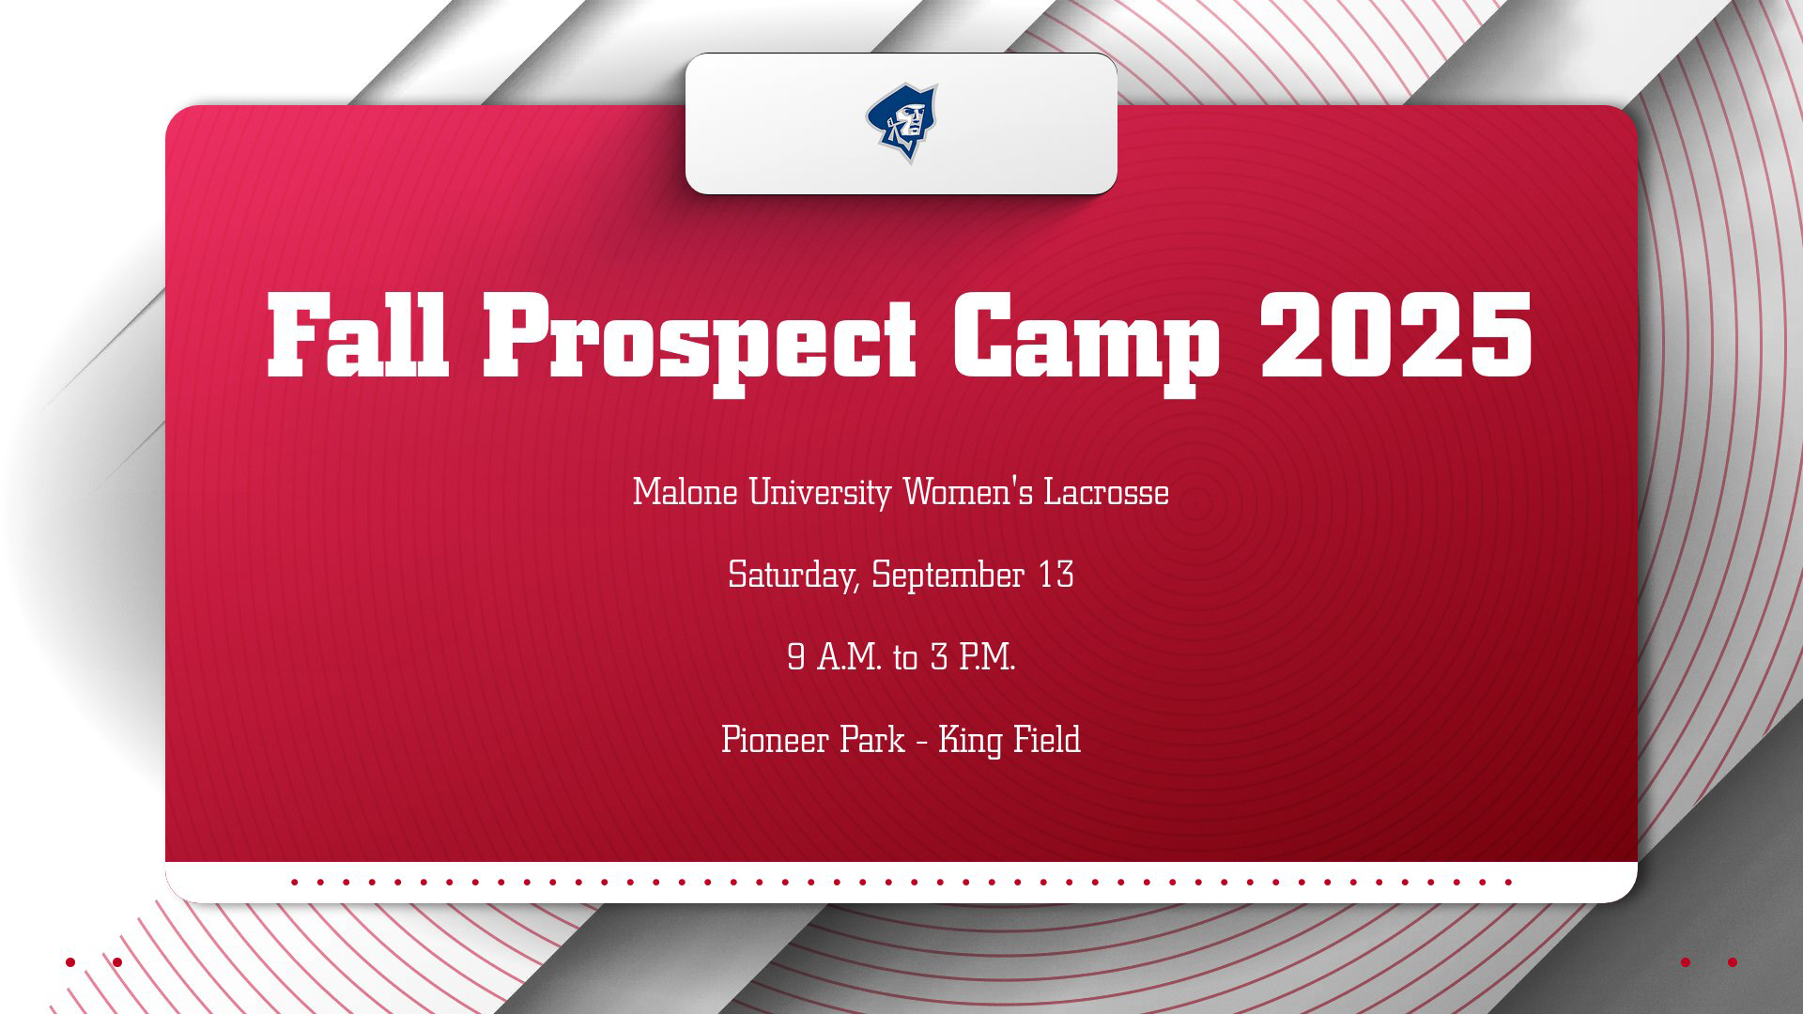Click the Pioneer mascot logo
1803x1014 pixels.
tap(901, 122)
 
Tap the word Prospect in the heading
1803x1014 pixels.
tap(700, 338)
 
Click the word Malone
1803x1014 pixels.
tap(685, 492)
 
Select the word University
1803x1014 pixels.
tap(819, 493)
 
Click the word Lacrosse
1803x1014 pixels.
tap(1106, 492)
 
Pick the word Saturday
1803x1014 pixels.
tap(793, 576)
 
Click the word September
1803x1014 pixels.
tap(947, 576)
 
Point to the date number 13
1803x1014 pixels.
tap(1056, 575)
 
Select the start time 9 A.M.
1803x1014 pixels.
tap(834, 657)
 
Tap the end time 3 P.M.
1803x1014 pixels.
tap(973, 657)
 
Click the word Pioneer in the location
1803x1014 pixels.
tap(775, 740)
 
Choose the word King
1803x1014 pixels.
tap(970, 741)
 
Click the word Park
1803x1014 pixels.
tap(872, 740)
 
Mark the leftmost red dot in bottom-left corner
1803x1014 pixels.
tap(70, 962)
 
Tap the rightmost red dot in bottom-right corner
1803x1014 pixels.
tap(1733, 962)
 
